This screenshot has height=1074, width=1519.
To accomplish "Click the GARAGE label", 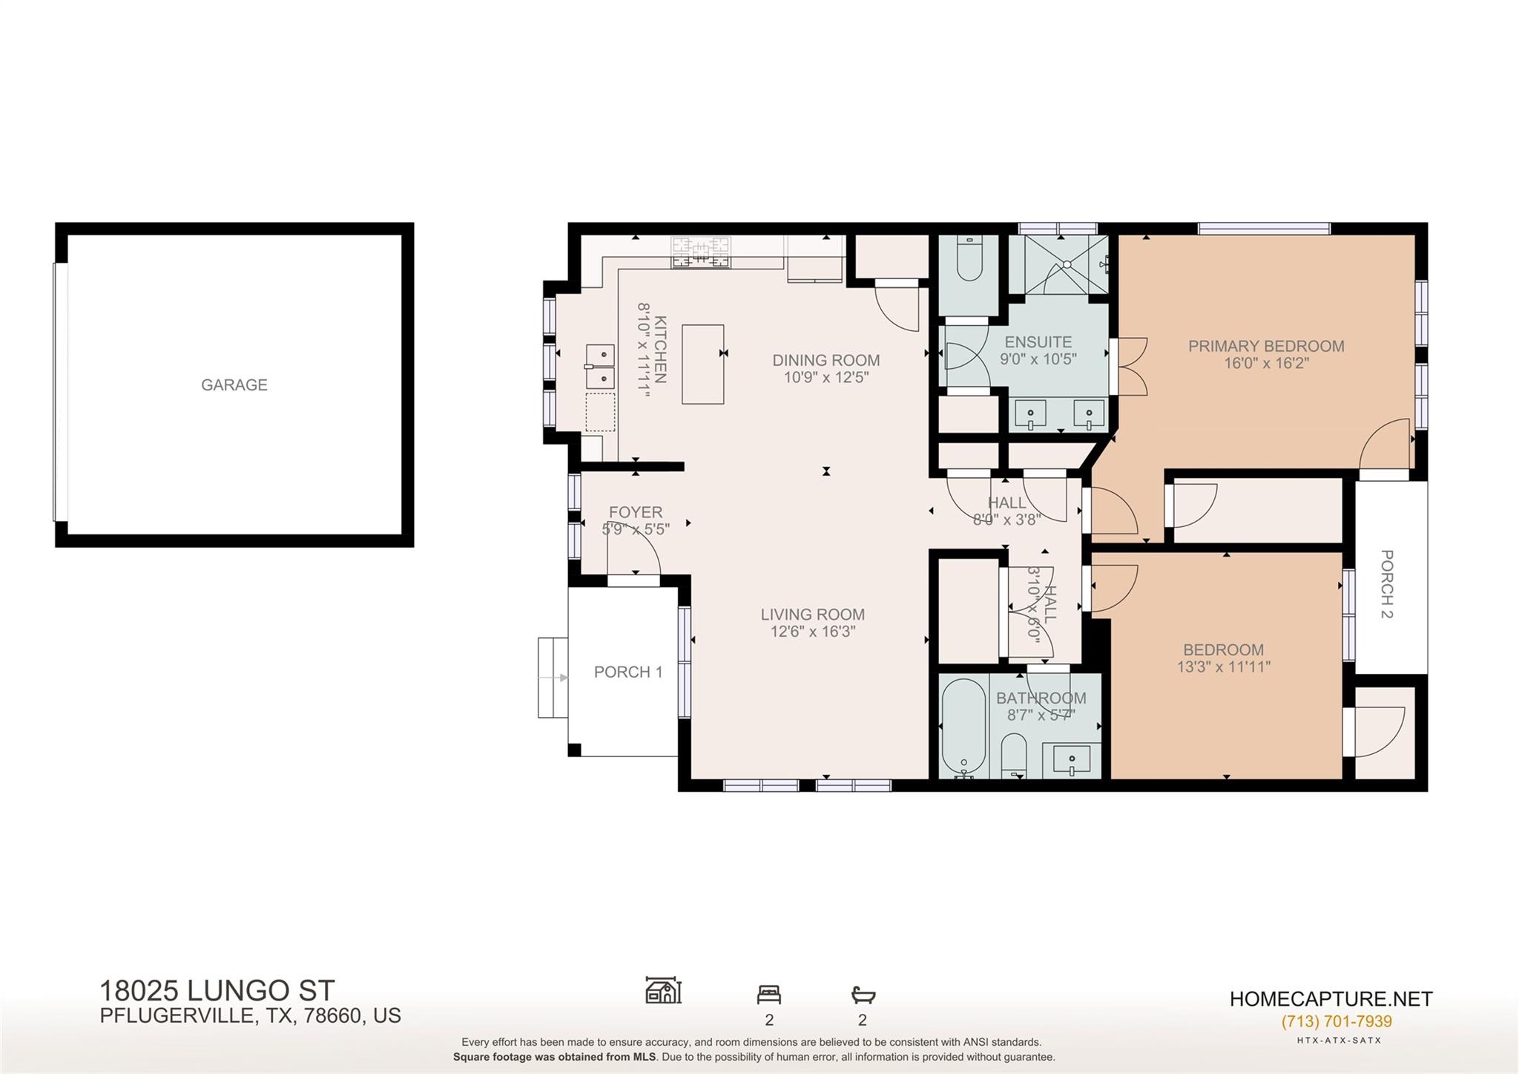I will click(234, 384).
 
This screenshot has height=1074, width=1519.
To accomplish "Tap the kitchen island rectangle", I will click(702, 364).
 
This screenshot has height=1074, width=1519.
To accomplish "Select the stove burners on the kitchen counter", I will click(700, 252).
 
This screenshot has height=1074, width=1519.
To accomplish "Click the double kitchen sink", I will click(600, 367).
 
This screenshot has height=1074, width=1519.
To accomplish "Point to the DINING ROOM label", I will click(826, 360).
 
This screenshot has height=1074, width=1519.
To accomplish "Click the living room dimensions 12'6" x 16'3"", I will click(812, 632).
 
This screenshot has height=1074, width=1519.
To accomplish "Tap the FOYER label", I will click(636, 512).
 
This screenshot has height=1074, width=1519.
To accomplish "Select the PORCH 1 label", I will click(627, 672).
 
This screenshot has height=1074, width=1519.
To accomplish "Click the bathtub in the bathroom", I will click(963, 727).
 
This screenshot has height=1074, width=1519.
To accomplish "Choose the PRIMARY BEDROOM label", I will click(1265, 346).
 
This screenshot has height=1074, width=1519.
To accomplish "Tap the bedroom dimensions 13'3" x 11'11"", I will click(1223, 667).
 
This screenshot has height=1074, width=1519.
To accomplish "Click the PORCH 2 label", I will click(1386, 584).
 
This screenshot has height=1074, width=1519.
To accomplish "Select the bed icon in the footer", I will click(768, 994).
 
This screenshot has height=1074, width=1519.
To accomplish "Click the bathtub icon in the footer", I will click(863, 994).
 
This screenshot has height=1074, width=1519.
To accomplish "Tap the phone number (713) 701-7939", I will click(1336, 1021).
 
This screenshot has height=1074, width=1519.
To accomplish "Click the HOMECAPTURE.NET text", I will click(1331, 999).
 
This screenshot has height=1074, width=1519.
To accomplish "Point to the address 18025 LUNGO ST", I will click(217, 991).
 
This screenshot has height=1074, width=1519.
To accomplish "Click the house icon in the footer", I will click(663, 990).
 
